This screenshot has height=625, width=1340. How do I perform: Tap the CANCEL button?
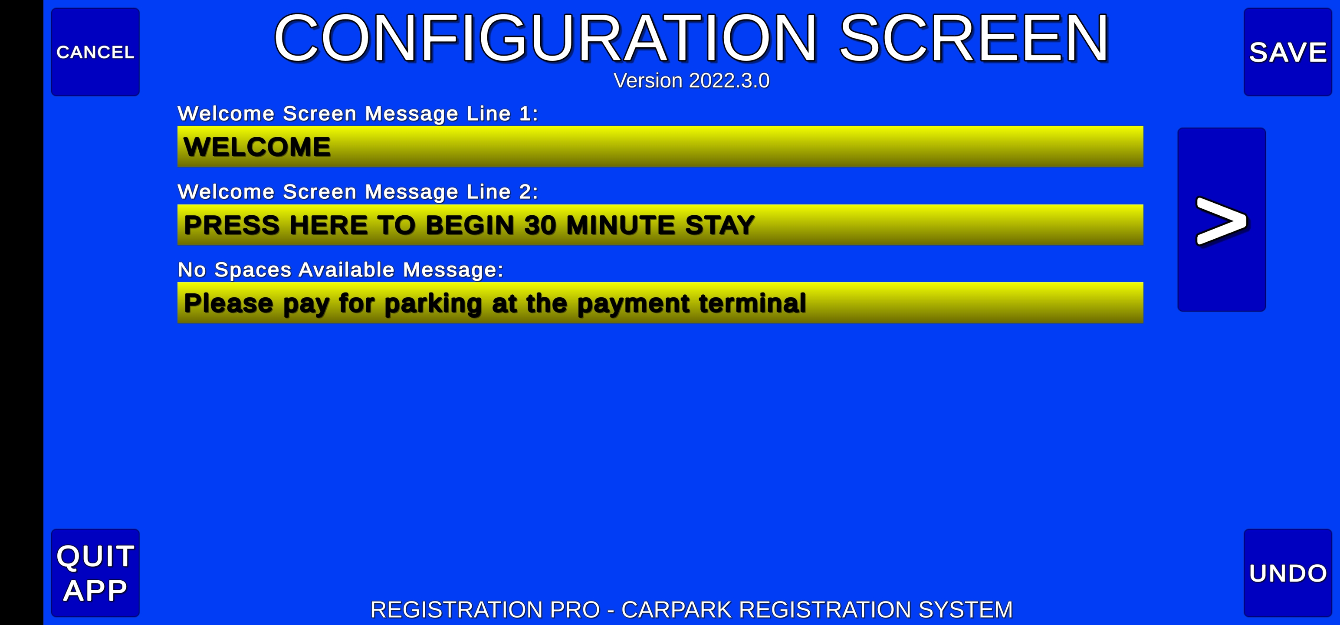(x=95, y=52)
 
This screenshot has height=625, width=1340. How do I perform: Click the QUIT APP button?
(x=95, y=573)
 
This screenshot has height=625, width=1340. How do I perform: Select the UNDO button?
(x=1287, y=573)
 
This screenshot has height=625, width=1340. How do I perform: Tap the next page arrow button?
(x=1222, y=220)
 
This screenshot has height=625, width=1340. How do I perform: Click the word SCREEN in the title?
(x=974, y=39)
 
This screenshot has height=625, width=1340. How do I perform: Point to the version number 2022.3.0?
(x=729, y=81)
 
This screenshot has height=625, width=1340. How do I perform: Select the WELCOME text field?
(x=660, y=146)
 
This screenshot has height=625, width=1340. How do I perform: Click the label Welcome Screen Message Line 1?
(x=358, y=113)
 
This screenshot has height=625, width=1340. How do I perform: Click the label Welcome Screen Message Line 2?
(x=358, y=191)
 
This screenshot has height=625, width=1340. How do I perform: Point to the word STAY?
(x=720, y=225)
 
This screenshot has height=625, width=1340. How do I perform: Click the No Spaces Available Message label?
(x=341, y=270)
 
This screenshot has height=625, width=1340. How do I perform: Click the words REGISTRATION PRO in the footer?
(x=485, y=610)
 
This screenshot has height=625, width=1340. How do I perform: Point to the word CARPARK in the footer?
(x=677, y=610)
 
